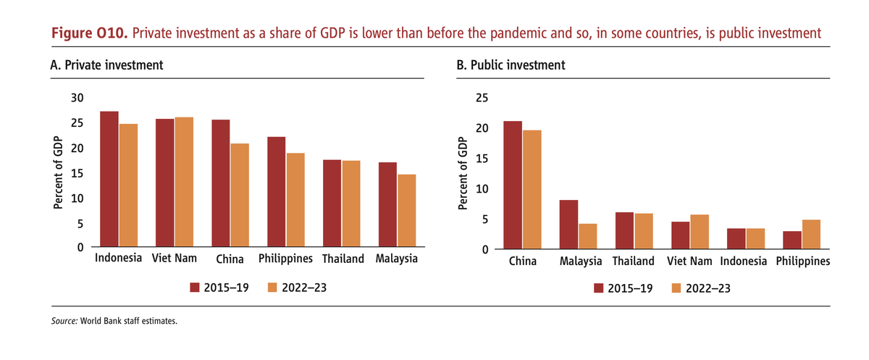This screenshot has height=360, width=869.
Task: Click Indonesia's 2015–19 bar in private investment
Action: [109, 179]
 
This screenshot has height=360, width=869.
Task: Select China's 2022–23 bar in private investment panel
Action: [240, 196]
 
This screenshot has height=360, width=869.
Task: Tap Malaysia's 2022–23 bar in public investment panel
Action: [587, 237]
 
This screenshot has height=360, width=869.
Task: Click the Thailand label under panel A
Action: [343, 259]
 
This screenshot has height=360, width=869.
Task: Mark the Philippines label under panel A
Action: [285, 259]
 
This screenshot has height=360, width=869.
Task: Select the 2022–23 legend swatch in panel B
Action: [678, 288]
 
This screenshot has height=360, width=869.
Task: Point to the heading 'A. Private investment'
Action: [106, 65]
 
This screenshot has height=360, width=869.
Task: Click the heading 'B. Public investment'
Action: [511, 65]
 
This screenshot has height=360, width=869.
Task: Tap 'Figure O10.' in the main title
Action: [90, 33]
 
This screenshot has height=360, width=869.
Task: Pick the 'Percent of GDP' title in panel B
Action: [464, 174]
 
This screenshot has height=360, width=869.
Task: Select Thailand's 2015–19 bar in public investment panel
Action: [624, 230]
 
